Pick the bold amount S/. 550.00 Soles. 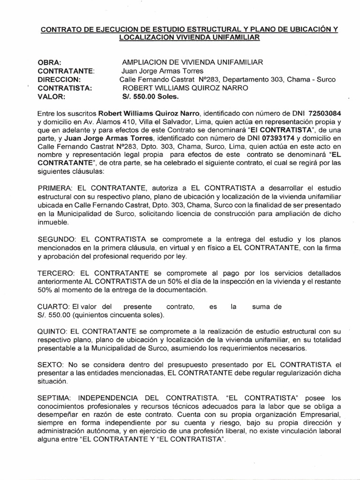tap(150, 97)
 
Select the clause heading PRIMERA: tap(55, 187)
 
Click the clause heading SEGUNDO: tap(57, 239)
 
